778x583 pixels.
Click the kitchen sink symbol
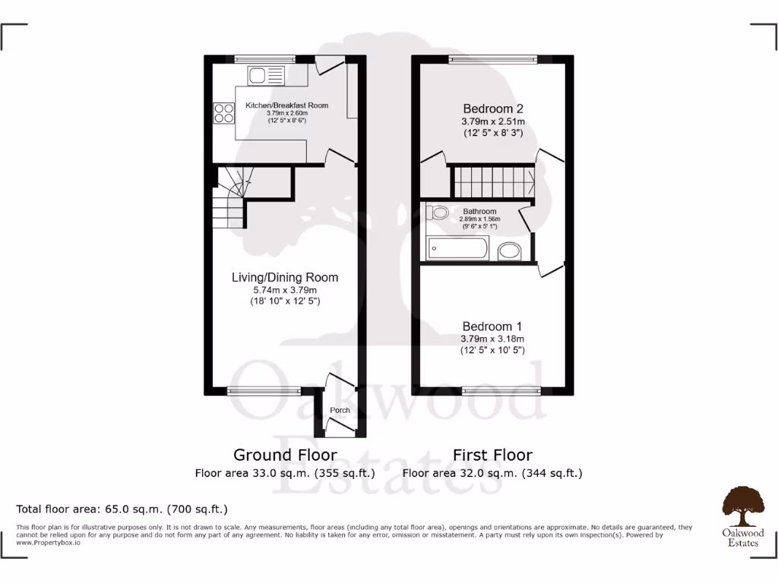coord(257,75)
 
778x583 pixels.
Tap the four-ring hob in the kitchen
coord(223,113)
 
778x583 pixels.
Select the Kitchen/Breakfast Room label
coord(286,105)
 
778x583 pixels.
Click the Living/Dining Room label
coord(285,277)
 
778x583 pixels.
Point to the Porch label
coord(340,411)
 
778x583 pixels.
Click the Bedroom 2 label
coord(492,109)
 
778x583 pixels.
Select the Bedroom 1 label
coord(492,326)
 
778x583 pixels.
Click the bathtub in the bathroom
coord(457,248)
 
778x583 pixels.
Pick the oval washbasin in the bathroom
coord(510,251)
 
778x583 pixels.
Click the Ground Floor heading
coord(285,455)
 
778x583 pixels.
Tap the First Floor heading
coord(492,455)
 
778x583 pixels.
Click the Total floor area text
coord(122,509)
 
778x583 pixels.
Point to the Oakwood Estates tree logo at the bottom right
coord(742,506)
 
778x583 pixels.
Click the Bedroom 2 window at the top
coord(492,59)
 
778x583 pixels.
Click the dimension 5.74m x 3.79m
coord(285,290)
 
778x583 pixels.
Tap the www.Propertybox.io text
coord(47,543)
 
